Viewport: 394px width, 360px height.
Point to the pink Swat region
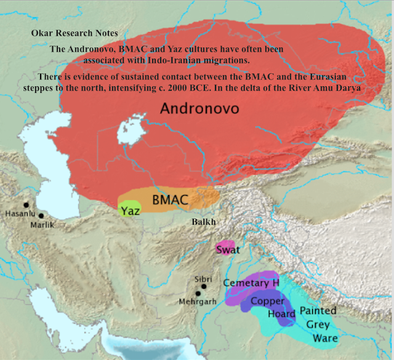pyautogui.click(x=227, y=249)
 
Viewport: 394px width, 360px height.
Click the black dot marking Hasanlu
pyautogui.click(x=26, y=204)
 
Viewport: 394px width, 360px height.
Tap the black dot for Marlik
pyautogui.click(x=41, y=215)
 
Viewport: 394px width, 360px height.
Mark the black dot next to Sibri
pyautogui.click(x=204, y=286)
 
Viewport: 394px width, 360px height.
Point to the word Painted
pyautogui.click(x=318, y=311)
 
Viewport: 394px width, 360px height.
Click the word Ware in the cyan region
pyautogui.click(x=326, y=338)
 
